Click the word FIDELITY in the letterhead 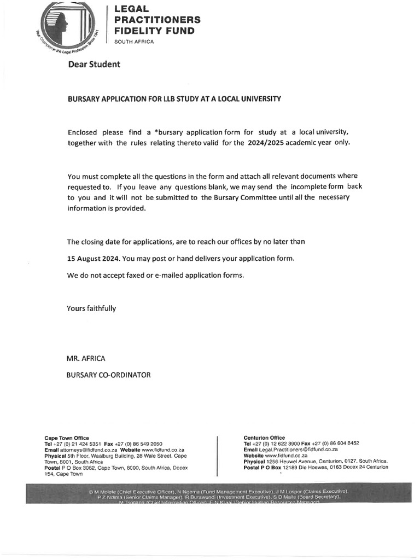[x=137, y=31]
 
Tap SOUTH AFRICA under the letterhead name [x=134, y=42]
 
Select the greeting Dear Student [x=94, y=65]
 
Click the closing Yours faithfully [x=91, y=308]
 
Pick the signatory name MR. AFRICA [x=86, y=358]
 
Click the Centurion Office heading [x=264, y=437]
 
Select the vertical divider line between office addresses [x=218, y=456]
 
